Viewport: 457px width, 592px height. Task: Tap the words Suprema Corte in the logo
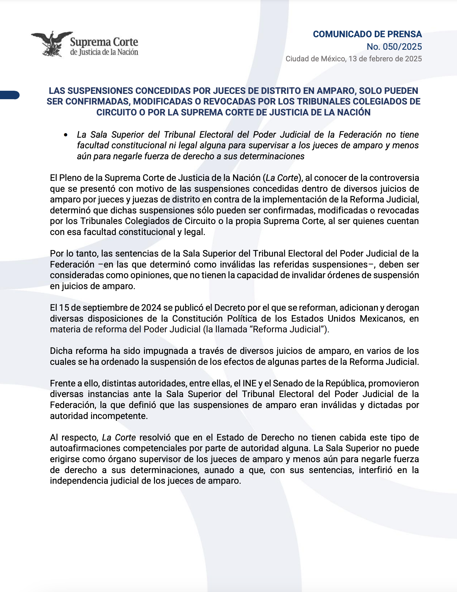pyautogui.click(x=104, y=42)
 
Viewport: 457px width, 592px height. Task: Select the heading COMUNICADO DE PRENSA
pyautogui.click(x=367, y=34)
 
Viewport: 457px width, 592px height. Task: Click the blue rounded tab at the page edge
pyautogui.click(x=10, y=95)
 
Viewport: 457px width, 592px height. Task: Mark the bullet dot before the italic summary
pyautogui.click(x=66, y=135)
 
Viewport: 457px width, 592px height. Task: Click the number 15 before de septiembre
pyautogui.click(x=64, y=308)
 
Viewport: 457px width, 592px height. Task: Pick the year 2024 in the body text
pyautogui.click(x=151, y=308)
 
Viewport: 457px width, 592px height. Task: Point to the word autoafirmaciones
pyautogui.click(x=86, y=448)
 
